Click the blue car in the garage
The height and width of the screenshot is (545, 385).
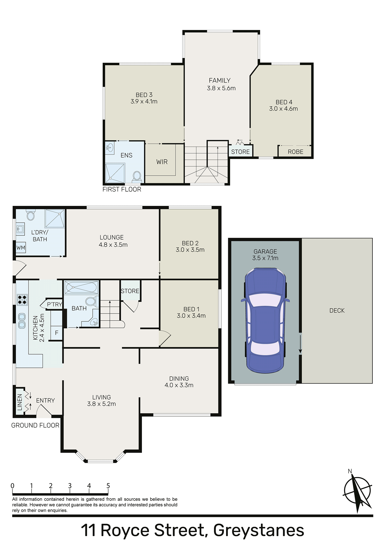265,320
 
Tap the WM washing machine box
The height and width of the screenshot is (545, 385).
21,247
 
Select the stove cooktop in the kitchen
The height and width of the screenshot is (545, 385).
22,300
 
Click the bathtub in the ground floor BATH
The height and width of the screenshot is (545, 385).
81,287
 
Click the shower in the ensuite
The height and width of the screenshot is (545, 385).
115,173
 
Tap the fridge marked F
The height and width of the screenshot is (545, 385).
57,333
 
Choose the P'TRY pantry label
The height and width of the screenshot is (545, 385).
54,304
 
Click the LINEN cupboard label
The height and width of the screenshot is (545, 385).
20,402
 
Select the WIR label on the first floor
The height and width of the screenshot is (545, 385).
162,162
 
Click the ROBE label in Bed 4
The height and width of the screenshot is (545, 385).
296,152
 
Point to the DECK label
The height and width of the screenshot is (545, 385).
337,311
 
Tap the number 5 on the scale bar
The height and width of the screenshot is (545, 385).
108,486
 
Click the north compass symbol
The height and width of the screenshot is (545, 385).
358,492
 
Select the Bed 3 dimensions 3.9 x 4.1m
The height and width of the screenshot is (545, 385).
144,101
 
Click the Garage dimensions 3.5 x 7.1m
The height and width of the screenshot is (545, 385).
265,258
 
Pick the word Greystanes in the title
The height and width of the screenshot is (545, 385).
259,530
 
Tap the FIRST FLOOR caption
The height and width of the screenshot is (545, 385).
122,189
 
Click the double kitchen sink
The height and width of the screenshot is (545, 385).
22,321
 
